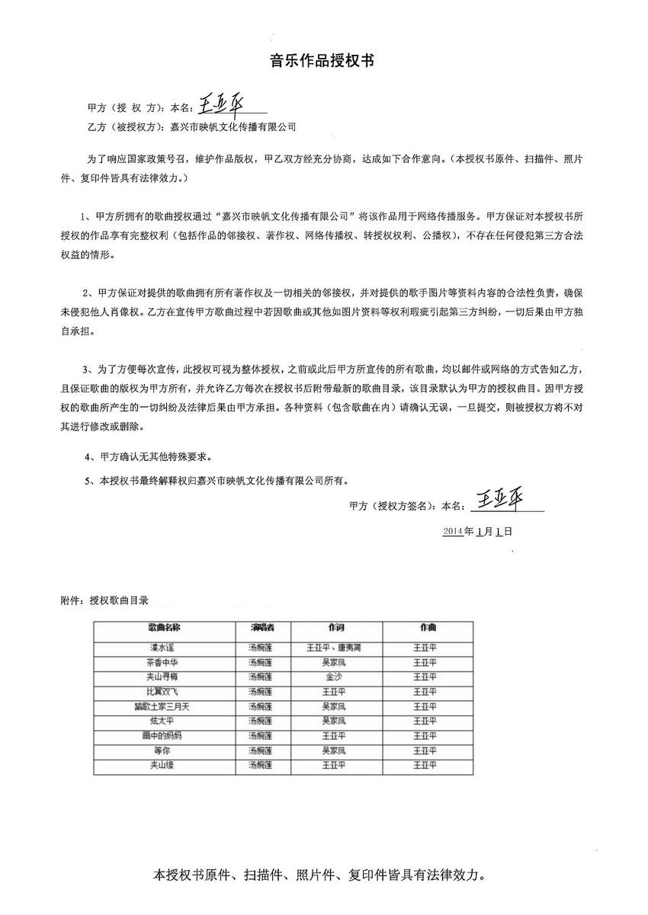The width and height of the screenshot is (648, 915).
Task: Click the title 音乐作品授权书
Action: pyautogui.click(x=323, y=62)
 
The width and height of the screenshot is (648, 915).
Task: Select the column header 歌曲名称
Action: pyautogui.click(x=165, y=628)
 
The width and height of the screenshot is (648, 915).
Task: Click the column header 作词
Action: pyautogui.click(x=336, y=628)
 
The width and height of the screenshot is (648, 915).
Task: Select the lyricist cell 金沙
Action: pyautogui.click(x=335, y=677)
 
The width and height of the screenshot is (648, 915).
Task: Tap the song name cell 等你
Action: pyautogui.click(x=161, y=750)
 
